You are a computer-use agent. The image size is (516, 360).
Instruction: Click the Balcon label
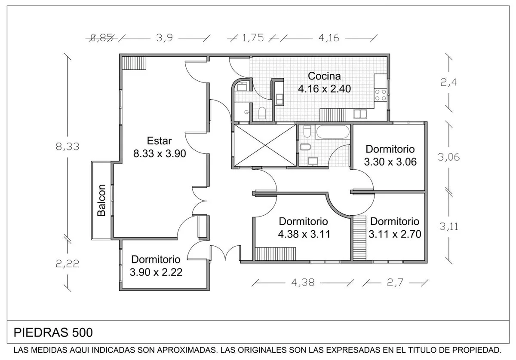tap(101, 200)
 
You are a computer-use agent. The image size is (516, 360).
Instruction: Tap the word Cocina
tap(324, 76)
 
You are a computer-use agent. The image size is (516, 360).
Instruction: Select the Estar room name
tap(160, 141)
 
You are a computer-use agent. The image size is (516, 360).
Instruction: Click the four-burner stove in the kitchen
tap(380, 95)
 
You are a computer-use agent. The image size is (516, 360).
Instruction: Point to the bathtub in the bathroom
tap(333, 131)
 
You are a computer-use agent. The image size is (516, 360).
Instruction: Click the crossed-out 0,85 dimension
tap(101, 38)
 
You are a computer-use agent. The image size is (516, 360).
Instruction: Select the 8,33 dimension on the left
tap(68, 146)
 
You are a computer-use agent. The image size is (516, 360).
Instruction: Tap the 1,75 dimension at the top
tap(253, 38)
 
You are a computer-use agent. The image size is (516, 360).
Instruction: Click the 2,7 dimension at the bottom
tap(395, 283)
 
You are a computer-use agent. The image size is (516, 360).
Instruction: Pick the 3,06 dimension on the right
tap(449, 157)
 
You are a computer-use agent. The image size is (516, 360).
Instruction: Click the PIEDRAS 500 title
tap(53, 333)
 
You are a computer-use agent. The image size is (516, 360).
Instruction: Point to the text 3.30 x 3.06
tap(390, 162)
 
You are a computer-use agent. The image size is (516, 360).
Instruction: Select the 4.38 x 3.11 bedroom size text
tap(304, 234)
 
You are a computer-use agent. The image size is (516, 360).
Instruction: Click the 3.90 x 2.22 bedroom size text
tap(156, 272)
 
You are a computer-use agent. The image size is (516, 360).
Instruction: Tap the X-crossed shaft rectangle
tap(265, 145)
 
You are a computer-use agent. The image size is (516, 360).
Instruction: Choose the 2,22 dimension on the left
tap(68, 264)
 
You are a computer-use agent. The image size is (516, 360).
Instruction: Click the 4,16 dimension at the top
tap(329, 38)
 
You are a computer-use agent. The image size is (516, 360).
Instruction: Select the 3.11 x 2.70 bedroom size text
tap(395, 234)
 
